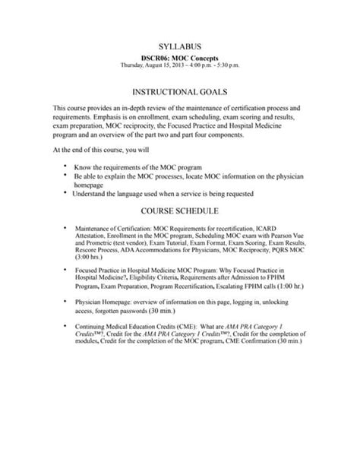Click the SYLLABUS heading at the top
coord(179,47)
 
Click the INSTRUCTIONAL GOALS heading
coord(179,91)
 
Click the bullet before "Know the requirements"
coord(65,165)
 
